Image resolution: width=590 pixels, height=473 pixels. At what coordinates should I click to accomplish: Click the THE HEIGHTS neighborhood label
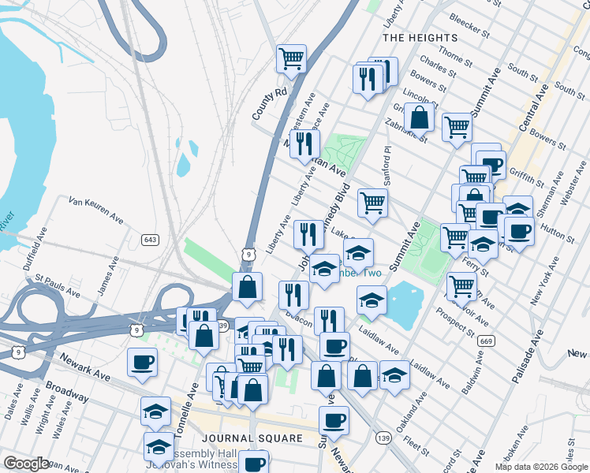click(419, 38)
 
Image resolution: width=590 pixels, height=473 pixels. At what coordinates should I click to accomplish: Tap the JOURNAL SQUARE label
click(252, 438)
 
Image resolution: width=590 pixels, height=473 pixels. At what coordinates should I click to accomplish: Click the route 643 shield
click(151, 239)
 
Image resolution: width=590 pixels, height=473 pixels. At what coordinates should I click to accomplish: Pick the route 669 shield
click(487, 341)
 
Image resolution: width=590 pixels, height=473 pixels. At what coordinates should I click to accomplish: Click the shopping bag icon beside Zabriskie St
click(420, 117)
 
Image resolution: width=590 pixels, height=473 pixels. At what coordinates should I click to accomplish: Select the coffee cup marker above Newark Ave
click(142, 362)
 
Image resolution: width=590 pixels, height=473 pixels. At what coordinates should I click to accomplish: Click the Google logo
click(26, 464)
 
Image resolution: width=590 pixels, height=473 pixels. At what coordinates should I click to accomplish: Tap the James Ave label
click(107, 275)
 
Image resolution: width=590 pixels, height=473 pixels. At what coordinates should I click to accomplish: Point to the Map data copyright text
click(540, 467)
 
